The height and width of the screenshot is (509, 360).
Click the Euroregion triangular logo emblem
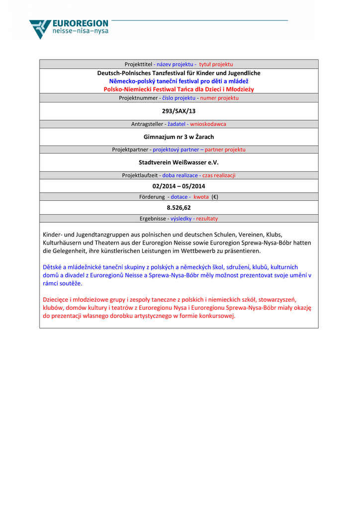[x=40, y=29]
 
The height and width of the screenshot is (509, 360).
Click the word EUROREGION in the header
[x=80, y=23]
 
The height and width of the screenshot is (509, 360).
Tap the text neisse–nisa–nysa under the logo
[x=80, y=31]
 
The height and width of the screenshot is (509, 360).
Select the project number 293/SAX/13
[x=179, y=111]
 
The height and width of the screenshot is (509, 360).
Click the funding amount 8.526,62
[x=179, y=208]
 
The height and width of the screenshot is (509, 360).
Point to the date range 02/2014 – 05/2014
[x=179, y=186]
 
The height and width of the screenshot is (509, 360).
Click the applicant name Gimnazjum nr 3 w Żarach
[x=179, y=137]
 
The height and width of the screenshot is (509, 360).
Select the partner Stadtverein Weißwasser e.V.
[x=179, y=163]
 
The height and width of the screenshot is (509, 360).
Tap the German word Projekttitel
[x=138, y=64]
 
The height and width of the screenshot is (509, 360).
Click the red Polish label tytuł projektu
[x=216, y=64]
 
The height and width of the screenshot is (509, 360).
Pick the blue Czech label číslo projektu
[x=179, y=98]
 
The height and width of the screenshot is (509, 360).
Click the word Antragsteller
[x=147, y=124]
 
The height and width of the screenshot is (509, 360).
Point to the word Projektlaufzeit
[x=141, y=175]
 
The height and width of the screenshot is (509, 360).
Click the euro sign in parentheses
[x=214, y=197]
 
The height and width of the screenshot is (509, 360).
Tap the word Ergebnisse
[x=153, y=219]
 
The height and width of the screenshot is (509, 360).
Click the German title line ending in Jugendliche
[x=179, y=73]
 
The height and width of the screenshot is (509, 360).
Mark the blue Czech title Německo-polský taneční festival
[x=179, y=81]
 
